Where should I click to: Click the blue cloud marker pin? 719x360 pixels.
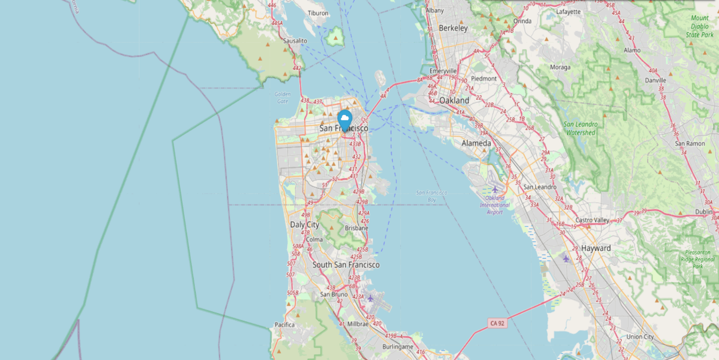coord(345,121)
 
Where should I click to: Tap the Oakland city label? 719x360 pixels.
coord(454,100)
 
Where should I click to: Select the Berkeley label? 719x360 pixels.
coord(453,28)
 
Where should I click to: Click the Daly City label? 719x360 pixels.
coord(304,225)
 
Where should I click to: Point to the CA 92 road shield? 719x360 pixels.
coord(497,323)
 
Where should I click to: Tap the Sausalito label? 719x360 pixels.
coord(295,41)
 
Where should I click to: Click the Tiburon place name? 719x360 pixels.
coord(318,14)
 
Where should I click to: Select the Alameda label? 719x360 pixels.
coord(476,143)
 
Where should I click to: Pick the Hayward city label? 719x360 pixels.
coord(596,248)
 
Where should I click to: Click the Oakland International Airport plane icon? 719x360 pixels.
coord(495,189)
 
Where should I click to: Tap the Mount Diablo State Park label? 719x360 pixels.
coord(699,26)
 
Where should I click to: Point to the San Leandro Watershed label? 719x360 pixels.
coord(581,128)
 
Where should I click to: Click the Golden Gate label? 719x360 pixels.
coord(283,97)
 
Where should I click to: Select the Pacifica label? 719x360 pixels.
coord(285,325)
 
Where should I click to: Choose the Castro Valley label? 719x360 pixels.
coord(592,220)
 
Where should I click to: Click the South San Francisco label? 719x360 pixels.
coord(346,265)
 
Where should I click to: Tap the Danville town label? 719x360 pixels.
coord(656,80)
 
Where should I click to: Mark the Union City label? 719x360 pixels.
coord(640,337)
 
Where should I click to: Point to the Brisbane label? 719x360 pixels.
coord(357,228)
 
